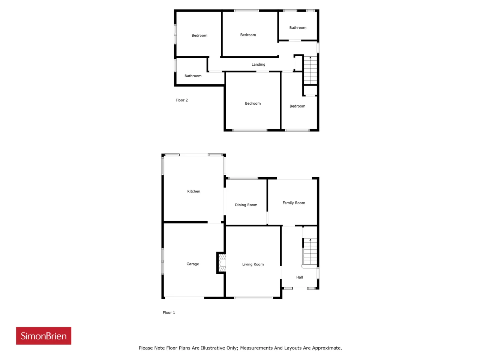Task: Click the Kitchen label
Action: (x=193, y=191)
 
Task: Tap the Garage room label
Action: (x=193, y=264)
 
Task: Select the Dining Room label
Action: (x=246, y=205)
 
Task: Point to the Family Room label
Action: (x=294, y=203)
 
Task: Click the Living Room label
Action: (x=253, y=264)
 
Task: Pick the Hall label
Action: (x=299, y=277)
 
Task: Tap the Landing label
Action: (x=258, y=64)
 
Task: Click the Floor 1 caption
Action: (x=169, y=313)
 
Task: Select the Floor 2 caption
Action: (x=181, y=100)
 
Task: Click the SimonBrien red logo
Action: (x=43, y=336)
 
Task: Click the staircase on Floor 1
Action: (x=310, y=252)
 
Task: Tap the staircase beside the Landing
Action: (x=310, y=70)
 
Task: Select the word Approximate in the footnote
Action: (x=327, y=348)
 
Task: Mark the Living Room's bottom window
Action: (x=253, y=298)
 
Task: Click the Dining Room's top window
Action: (x=243, y=178)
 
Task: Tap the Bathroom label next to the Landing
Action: (x=193, y=76)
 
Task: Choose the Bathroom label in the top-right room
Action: (x=298, y=28)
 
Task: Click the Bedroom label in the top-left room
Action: (x=199, y=35)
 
